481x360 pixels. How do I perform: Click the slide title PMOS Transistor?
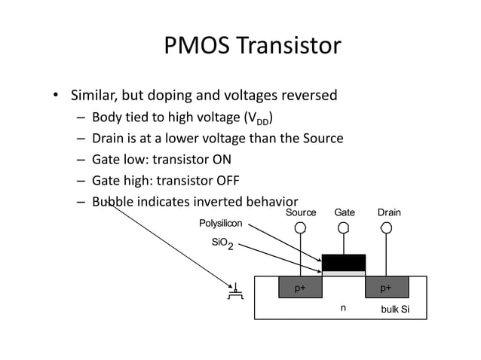click(x=252, y=47)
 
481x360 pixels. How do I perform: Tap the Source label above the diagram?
click(x=301, y=213)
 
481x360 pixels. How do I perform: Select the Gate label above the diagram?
click(x=345, y=213)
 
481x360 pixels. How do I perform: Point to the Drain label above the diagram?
click(x=388, y=213)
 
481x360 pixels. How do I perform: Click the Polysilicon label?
click(x=220, y=224)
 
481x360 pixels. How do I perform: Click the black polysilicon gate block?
click(x=344, y=262)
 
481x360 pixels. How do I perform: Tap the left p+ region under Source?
click(x=300, y=288)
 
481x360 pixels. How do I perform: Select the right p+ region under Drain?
click(x=386, y=288)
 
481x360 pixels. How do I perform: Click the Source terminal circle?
click(x=300, y=227)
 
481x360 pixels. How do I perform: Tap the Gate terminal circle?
click(x=344, y=227)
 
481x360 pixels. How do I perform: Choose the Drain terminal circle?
click(x=387, y=227)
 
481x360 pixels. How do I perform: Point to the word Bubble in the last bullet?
click(x=112, y=202)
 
